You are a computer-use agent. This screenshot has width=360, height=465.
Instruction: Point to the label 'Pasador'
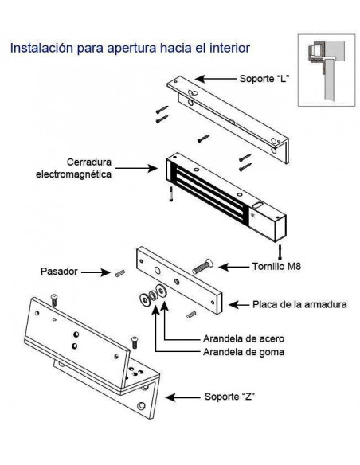(x=58, y=272)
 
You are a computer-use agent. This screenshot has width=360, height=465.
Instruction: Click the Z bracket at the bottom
(x=96, y=350)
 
